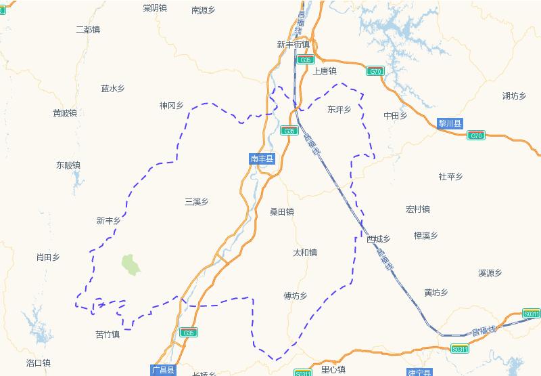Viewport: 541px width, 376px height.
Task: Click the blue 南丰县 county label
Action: pos(262,159)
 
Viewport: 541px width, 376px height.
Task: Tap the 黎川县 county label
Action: pos(450,123)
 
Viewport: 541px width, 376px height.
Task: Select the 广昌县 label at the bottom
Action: pos(163,370)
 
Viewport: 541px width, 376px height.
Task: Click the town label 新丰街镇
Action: pos(293,45)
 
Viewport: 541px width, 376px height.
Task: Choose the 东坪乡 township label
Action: pos(339,109)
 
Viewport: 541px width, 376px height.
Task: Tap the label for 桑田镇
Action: pos(282,212)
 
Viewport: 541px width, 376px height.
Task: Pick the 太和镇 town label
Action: pos(304,253)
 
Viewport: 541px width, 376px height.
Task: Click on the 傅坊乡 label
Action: pos(296,296)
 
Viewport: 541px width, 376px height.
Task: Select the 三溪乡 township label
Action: pos(196,202)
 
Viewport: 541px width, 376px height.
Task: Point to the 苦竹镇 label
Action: pos(108,335)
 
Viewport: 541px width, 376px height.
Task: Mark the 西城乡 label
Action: pos(379,239)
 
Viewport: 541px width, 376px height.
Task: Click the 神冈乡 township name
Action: pos(172,106)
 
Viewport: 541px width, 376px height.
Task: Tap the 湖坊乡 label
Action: pos(515,96)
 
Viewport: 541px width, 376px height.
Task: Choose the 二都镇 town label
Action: pos(88,30)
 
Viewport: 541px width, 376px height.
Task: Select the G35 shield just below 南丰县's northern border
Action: pos(289,131)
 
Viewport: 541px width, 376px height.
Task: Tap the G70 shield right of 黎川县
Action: pos(476,135)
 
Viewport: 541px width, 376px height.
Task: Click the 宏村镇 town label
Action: pos(418,209)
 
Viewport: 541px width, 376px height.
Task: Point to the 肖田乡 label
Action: pos(48,257)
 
